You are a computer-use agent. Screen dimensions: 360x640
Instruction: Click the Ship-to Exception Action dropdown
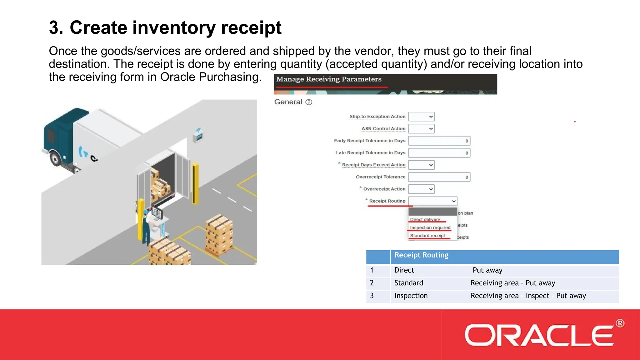tap(421, 117)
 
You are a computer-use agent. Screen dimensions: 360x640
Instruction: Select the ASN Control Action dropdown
tap(421, 129)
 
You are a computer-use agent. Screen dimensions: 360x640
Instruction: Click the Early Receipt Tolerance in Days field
tap(439, 141)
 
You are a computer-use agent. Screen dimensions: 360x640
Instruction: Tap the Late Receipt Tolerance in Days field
tap(439, 153)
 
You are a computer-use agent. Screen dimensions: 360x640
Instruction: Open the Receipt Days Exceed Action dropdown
tap(421, 165)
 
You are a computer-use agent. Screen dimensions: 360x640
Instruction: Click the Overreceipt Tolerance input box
tap(439, 177)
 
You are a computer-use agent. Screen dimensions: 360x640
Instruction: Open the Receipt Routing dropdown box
tap(432, 201)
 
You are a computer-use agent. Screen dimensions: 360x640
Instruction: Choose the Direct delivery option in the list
tap(425, 219)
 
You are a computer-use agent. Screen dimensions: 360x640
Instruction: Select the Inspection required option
tap(430, 227)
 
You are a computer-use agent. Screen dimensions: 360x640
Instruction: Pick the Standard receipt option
tap(427, 236)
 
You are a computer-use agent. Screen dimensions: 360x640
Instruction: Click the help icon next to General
tap(309, 102)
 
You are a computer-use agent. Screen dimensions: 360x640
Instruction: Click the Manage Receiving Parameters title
tap(329, 79)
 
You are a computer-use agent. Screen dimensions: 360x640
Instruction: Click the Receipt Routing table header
tap(421, 255)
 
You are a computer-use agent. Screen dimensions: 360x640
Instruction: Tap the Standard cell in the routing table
tap(409, 283)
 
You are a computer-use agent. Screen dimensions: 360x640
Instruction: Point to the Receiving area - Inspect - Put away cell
tap(528, 296)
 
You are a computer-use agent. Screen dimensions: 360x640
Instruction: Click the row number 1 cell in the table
tap(372, 270)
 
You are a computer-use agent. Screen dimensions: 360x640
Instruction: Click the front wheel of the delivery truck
tap(56, 159)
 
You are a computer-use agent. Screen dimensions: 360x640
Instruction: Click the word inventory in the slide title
tap(174, 27)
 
